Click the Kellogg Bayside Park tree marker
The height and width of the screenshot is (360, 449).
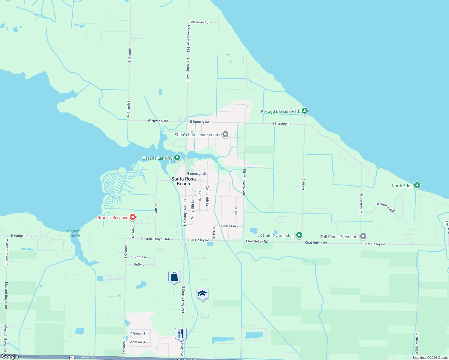point(305,111)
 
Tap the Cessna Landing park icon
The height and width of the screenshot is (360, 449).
point(177,158)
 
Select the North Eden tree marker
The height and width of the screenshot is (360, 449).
point(417,186)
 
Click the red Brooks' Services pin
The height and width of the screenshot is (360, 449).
point(132,217)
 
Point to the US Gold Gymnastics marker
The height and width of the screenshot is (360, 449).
point(299,235)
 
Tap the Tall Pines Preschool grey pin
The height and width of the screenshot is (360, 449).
point(363,237)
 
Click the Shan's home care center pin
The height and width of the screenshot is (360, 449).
point(225,135)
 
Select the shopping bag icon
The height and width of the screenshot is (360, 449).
point(174,277)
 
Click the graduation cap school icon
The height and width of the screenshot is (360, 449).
point(202,294)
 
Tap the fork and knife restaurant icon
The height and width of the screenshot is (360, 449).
point(181,334)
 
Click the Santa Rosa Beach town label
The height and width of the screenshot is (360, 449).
point(183,181)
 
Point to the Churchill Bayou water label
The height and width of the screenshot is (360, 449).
point(74,233)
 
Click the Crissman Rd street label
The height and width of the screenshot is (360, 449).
point(199,22)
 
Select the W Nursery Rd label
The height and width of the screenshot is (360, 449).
point(158,121)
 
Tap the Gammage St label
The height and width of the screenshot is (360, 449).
point(197,174)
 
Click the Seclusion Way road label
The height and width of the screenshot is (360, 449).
point(385,207)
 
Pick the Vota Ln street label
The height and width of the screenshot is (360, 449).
point(140,257)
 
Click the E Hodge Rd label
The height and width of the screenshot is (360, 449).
point(20,236)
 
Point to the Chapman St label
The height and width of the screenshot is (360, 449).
point(137,333)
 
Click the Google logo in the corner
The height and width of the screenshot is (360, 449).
point(10,356)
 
